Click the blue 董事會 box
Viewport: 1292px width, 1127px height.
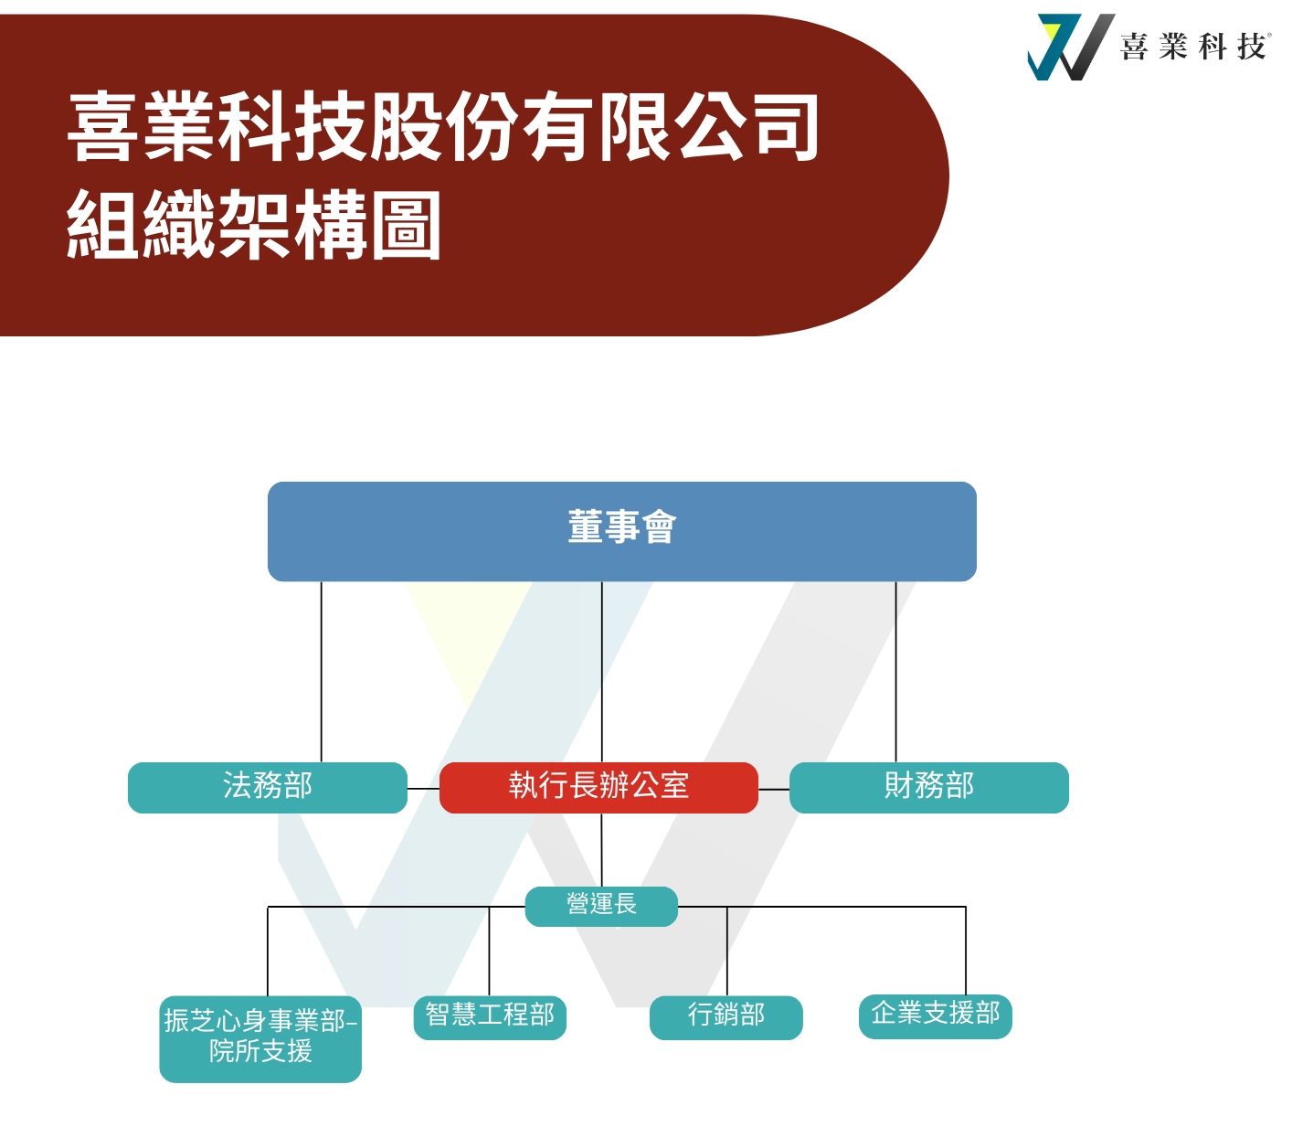pos(621,531)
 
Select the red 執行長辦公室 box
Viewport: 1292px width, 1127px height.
pos(598,787)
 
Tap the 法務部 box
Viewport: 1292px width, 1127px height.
pos(267,787)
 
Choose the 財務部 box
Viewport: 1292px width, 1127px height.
pos(929,787)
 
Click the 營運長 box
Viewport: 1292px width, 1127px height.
pos(601,906)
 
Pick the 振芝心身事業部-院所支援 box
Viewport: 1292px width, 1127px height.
pos(260,1039)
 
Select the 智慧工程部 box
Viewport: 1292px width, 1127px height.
pos(490,1017)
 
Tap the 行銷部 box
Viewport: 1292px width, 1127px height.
pos(726,1017)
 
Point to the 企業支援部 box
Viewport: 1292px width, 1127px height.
pos(936,1016)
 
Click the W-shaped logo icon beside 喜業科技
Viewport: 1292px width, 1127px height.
pos(1070,47)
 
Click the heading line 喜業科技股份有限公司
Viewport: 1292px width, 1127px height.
pos(443,126)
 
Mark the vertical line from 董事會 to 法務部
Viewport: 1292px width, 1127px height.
pos(322,672)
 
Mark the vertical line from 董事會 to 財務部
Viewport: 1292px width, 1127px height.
pos(895,672)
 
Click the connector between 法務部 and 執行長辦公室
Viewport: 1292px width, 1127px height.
pos(423,789)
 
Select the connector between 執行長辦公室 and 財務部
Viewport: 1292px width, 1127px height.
pos(774,789)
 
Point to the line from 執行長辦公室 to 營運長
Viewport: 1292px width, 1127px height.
pos(601,850)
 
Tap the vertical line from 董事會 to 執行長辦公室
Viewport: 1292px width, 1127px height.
pos(602,672)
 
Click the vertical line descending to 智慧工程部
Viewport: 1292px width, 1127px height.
pos(489,952)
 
